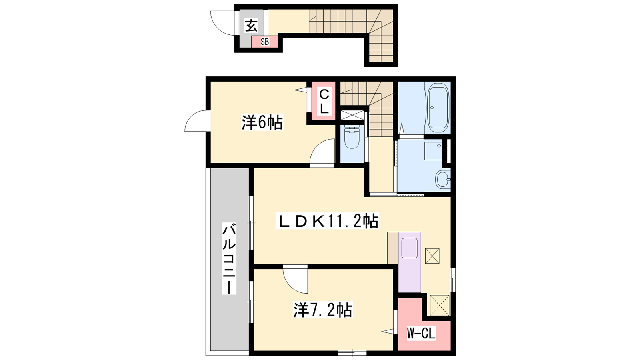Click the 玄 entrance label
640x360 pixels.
tap(252, 26)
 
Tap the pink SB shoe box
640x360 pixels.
tap(264, 42)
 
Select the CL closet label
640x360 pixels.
tap(324, 101)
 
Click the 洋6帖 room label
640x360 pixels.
tap(262, 122)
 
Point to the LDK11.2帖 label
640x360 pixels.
tap(327, 221)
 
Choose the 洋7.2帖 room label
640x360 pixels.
tap(322, 310)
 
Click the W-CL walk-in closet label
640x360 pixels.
tap(421, 333)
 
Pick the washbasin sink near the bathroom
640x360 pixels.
tap(442, 179)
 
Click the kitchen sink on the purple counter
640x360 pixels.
tap(410, 248)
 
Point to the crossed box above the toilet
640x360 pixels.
tap(352, 116)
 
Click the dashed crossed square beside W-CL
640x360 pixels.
tap(440, 305)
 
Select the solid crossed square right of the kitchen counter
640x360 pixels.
tap(432, 256)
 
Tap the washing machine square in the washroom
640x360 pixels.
tap(433, 151)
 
